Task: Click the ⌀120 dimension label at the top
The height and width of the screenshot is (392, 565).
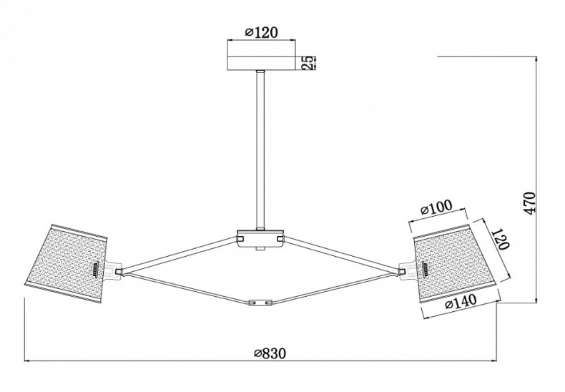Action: [261, 32]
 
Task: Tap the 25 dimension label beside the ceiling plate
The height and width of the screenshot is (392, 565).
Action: [308, 63]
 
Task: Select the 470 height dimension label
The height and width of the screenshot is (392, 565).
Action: [529, 203]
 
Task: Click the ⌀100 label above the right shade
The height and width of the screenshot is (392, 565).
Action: [436, 207]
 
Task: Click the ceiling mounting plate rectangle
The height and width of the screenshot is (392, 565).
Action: [261, 63]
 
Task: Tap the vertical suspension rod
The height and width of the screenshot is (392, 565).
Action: [260, 150]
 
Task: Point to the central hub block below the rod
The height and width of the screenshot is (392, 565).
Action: [260, 238]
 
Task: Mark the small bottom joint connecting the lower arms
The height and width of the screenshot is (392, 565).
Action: [260, 303]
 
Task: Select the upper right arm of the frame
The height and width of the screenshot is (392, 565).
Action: [342, 254]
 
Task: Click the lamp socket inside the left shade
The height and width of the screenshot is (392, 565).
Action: [97, 270]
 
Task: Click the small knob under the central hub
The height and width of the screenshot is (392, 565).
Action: [260, 249]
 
